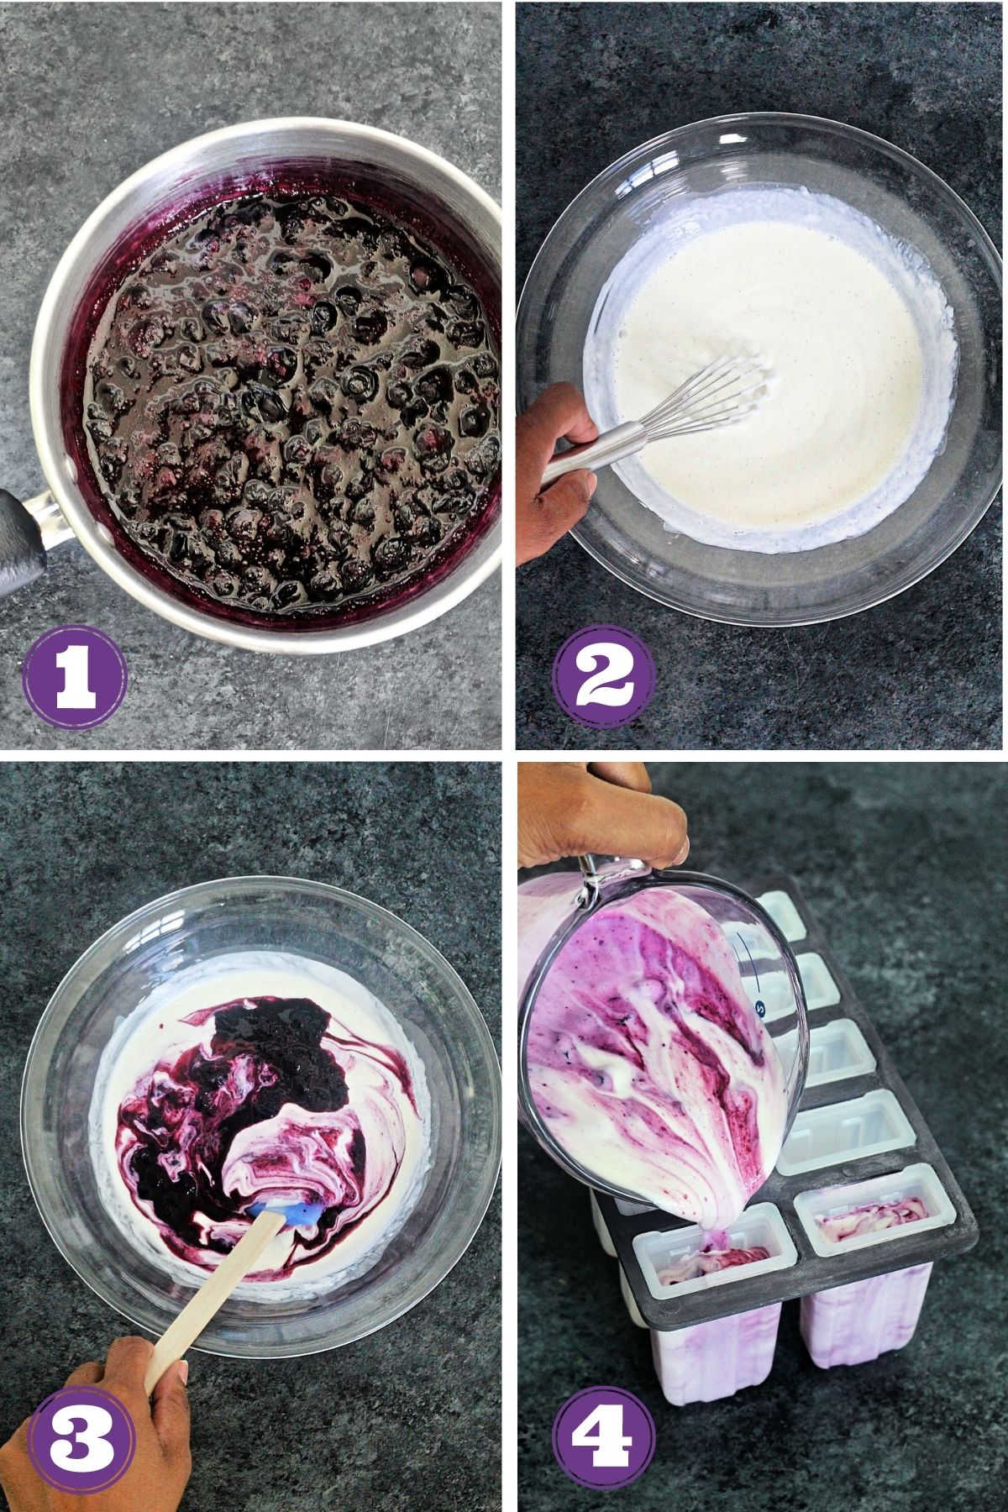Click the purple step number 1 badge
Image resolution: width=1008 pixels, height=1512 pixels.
click(x=74, y=674)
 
